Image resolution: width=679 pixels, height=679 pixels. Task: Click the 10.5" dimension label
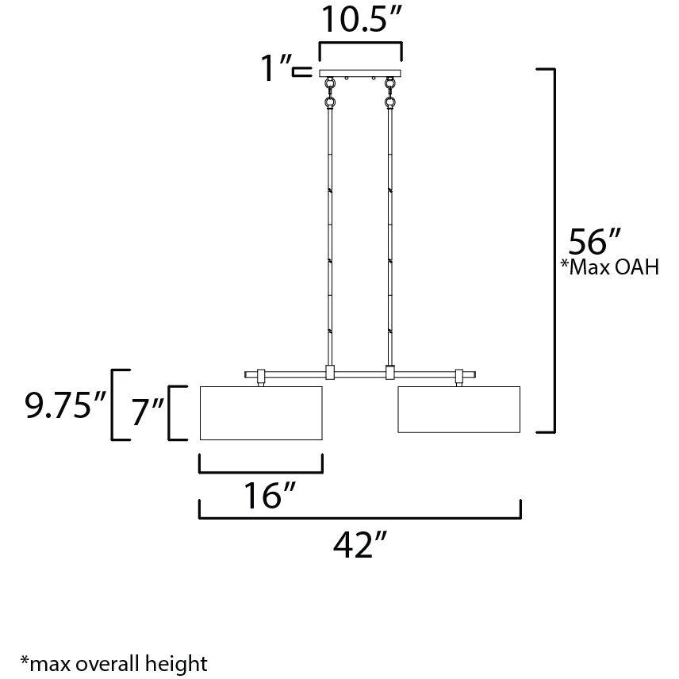coord(359,20)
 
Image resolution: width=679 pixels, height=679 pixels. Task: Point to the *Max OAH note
coord(610,267)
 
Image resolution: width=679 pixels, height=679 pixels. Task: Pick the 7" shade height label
coord(147,412)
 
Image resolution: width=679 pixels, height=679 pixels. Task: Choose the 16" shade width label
coord(262,496)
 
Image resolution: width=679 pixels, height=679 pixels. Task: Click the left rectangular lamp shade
coord(261,412)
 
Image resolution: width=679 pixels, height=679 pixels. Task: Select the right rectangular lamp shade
coord(458,409)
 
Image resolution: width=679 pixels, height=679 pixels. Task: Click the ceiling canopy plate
coord(360,74)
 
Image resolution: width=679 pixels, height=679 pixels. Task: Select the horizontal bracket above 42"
coord(359,516)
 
